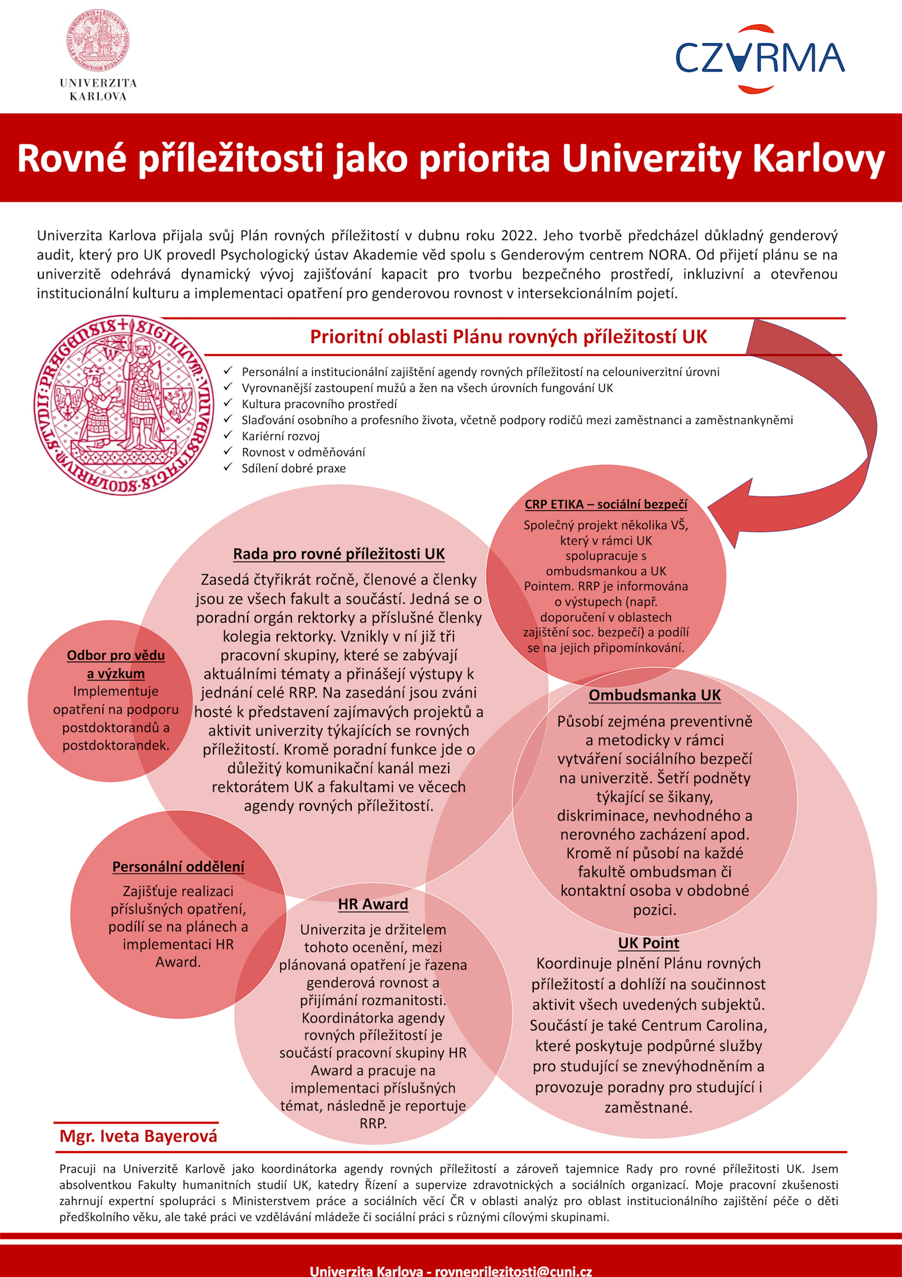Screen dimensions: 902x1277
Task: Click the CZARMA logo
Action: pyautogui.click(x=760, y=59)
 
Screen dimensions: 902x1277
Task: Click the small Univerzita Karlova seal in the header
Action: pyautogui.click(x=98, y=40)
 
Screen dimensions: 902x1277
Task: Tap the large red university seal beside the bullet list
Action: pyautogui.click(x=124, y=405)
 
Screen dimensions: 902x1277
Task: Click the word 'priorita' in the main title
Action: pyautogui.click(x=486, y=158)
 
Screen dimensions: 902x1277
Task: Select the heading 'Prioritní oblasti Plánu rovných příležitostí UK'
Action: pyautogui.click(x=508, y=336)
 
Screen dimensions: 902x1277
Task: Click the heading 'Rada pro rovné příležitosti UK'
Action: pyautogui.click(x=339, y=554)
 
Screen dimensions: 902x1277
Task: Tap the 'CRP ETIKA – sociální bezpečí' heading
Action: pyautogui.click(x=606, y=504)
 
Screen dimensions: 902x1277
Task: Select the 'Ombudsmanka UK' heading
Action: pyautogui.click(x=654, y=695)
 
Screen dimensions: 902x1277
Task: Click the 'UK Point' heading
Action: pyautogui.click(x=648, y=943)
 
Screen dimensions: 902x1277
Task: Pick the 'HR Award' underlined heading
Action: pyautogui.click(x=373, y=904)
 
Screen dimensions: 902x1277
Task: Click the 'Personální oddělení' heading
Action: pyautogui.click(x=178, y=867)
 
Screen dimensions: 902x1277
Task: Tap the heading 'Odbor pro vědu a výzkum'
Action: pyautogui.click(x=116, y=664)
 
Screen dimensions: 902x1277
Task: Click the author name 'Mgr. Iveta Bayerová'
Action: pyautogui.click(x=138, y=1136)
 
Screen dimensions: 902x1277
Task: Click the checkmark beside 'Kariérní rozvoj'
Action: pyautogui.click(x=228, y=435)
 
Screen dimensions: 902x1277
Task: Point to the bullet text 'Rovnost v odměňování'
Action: pyautogui.click(x=303, y=452)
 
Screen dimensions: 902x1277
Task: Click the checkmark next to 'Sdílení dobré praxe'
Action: pyautogui.click(x=228, y=467)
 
